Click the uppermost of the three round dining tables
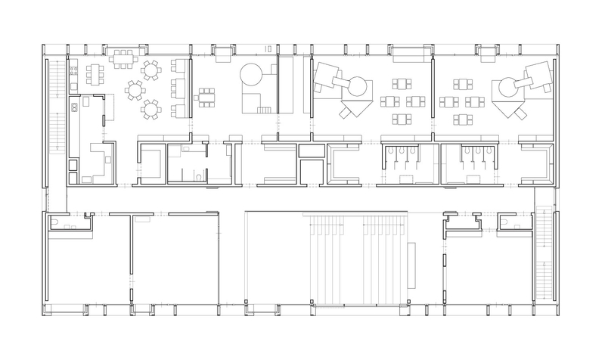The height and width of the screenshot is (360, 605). coord(151,72)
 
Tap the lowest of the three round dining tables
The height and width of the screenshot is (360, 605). coord(151,110)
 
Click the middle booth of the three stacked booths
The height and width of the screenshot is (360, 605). coord(179,88)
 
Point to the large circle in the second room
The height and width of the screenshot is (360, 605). coord(250,75)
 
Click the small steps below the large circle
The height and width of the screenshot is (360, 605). coord(263,110)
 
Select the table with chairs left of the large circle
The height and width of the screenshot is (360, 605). coord(206,95)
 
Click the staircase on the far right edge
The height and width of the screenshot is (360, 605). coord(542,250)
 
